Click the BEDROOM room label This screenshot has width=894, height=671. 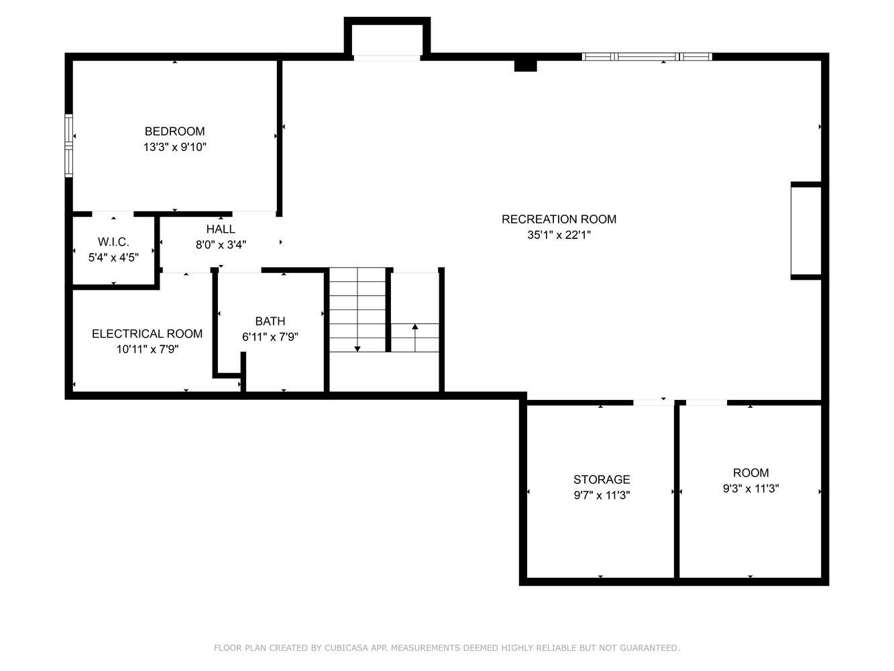click(x=175, y=132)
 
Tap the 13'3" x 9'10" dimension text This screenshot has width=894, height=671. click(x=175, y=147)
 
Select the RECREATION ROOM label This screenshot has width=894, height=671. click(x=559, y=219)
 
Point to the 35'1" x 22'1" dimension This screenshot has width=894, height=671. click(x=559, y=235)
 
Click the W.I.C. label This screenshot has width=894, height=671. click(x=113, y=242)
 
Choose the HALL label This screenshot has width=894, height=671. click(x=221, y=229)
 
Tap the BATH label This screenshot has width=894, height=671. click(x=270, y=321)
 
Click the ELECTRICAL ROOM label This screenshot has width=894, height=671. click(x=147, y=333)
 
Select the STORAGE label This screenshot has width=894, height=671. click(x=602, y=479)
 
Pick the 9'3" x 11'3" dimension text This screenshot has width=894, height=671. click(x=750, y=488)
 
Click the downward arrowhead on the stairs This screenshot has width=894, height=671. click(x=357, y=349)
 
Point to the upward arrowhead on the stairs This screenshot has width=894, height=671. click(x=415, y=326)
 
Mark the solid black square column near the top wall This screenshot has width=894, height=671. click(x=525, y=66)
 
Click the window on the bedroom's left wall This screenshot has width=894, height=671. click(x=69, y=146)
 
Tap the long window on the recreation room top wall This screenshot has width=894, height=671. click(x=647, y=56)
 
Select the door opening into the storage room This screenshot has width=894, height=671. click(x=654, y=403)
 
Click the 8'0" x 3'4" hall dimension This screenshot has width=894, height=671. click(x=221, y=244)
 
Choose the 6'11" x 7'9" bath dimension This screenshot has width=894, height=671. click(x=270, y=337)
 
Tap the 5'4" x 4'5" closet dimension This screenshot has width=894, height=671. click(x=113, y=258)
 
